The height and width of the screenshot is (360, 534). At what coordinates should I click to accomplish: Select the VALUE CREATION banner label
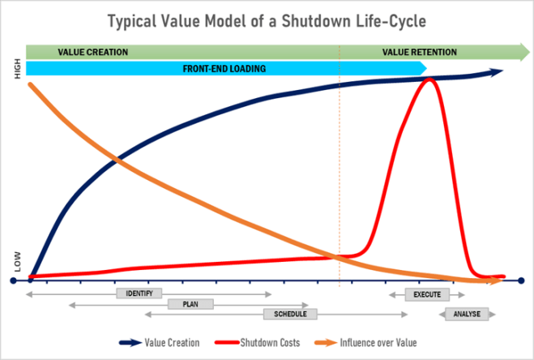coord(93,52)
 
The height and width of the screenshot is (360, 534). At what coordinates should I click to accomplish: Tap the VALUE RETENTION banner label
coord(420,52)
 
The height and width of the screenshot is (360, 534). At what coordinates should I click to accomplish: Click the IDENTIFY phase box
coord(139,293)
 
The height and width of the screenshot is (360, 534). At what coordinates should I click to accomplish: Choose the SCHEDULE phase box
coord(289,314)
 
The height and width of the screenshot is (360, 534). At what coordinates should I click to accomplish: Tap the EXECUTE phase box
coord(426,294)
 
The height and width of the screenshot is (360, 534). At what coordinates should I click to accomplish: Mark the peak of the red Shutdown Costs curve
coord(429,79)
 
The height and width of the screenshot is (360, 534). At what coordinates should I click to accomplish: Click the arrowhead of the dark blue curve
coord(497,72)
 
